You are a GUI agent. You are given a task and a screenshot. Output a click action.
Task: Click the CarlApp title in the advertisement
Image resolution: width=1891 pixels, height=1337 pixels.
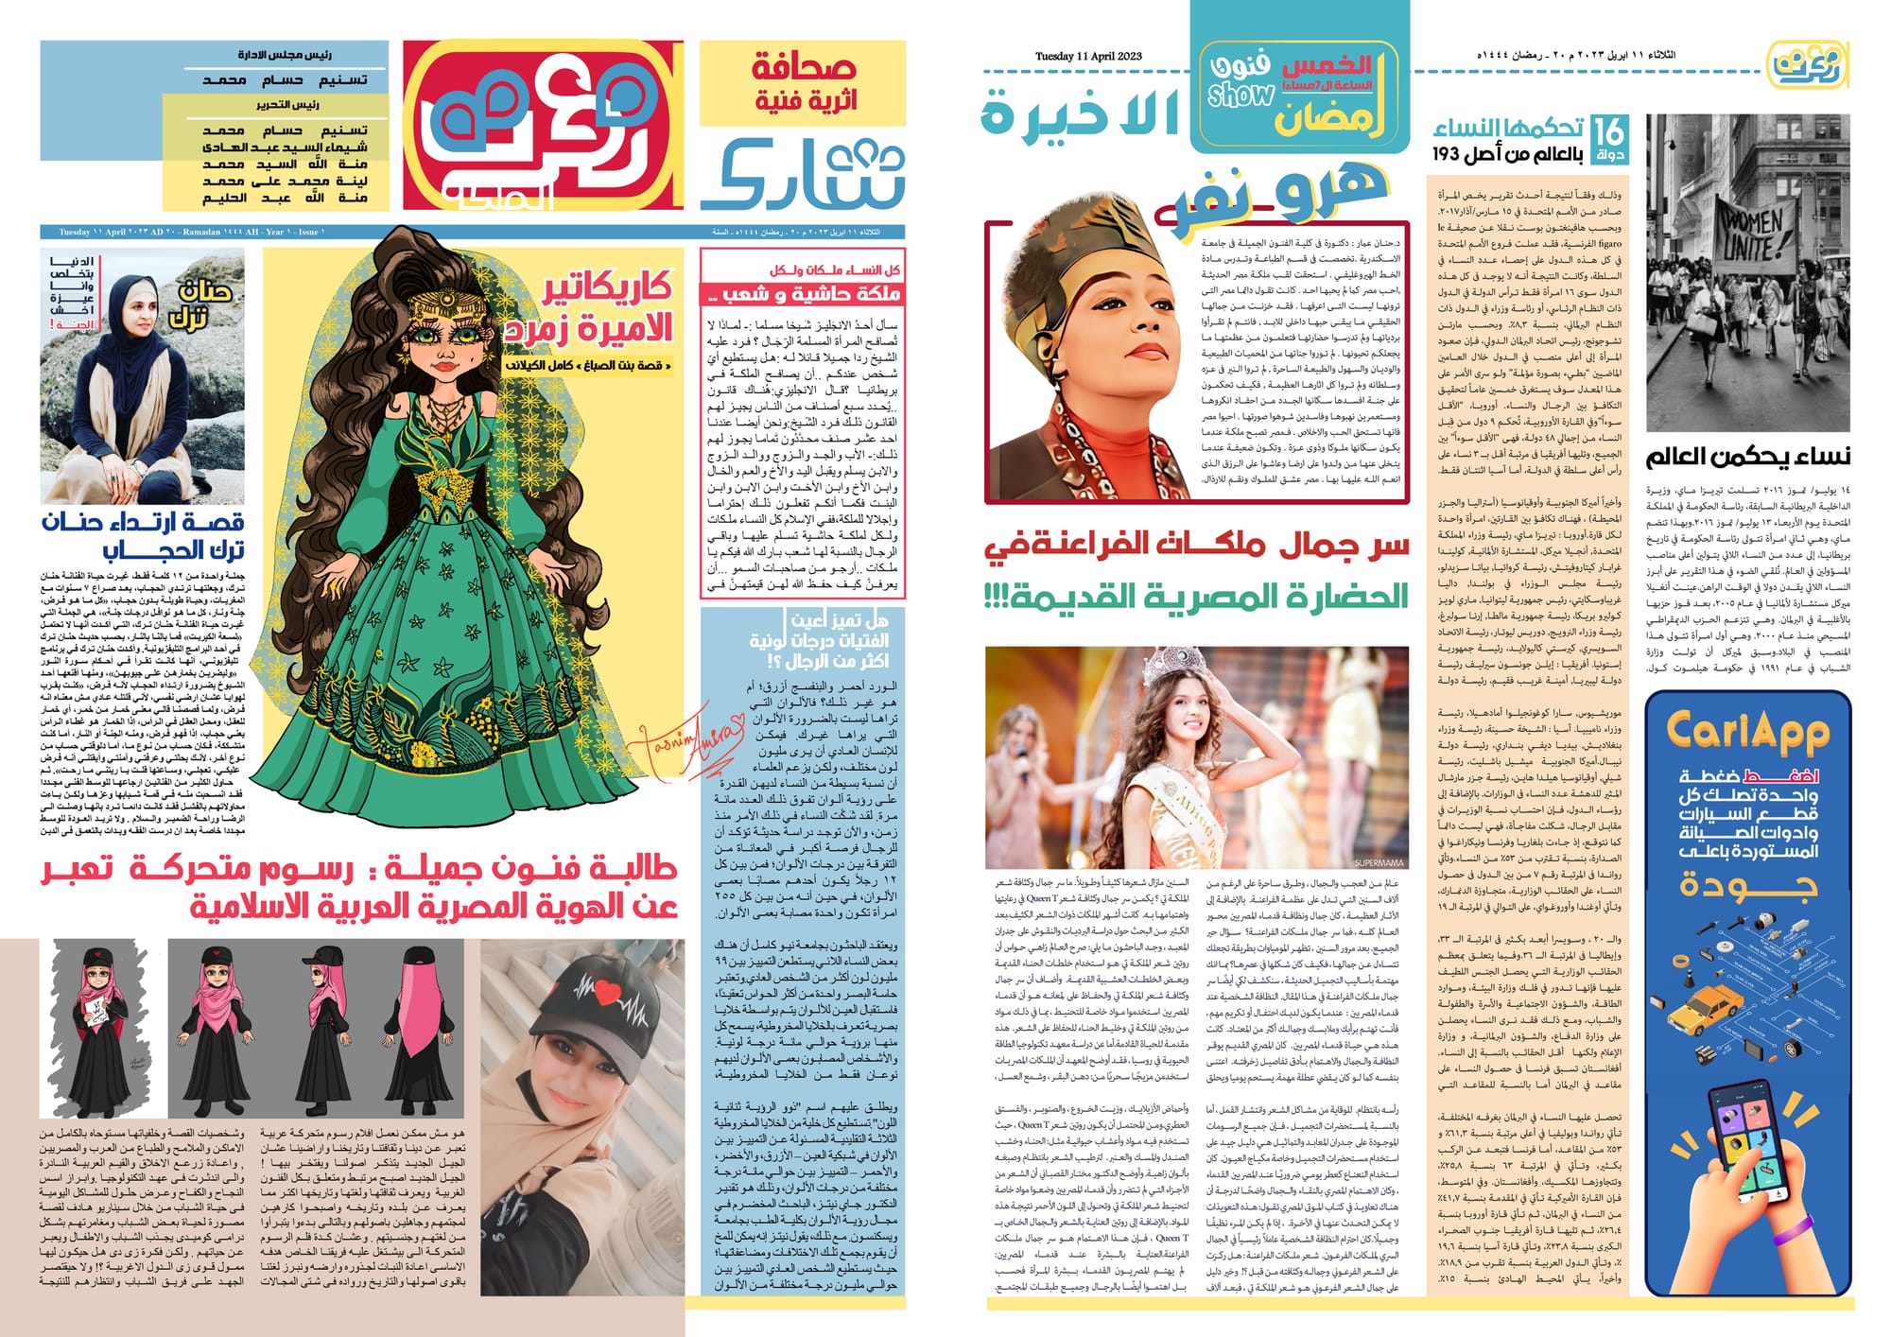(x=1747, y=731)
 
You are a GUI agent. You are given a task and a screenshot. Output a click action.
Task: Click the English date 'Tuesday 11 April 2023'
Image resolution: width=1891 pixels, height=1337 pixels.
(x=1088, y=57)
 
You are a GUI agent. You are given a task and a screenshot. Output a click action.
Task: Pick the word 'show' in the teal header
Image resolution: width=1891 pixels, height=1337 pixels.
(x=1240, y=95)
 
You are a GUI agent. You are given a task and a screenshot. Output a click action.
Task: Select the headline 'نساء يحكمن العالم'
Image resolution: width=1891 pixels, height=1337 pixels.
(x=1747, y=458)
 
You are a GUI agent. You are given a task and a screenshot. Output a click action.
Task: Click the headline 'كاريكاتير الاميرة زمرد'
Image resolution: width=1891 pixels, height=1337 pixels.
(x=596, y=308)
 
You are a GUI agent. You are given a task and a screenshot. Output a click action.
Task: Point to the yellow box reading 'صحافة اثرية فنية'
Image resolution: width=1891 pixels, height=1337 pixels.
(x=803, y=83)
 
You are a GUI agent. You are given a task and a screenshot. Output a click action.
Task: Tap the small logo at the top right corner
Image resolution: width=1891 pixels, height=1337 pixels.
(x=1807, y=63)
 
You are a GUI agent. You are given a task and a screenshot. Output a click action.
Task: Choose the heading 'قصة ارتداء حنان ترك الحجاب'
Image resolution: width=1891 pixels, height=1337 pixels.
(x=142, y=536)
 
